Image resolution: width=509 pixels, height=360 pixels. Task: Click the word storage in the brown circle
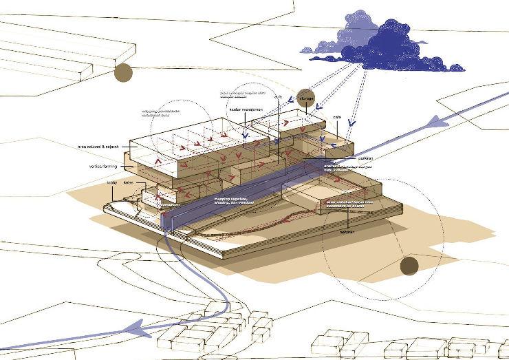[x=307, y=99]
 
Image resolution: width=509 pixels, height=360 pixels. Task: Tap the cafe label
[x=337, y=117]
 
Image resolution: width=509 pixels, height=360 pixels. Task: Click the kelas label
[x=128, y=184]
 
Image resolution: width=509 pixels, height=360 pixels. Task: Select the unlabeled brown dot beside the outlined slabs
[x=124, y=72]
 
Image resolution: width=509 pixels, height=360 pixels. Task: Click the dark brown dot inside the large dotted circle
[x=409, y=266]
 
